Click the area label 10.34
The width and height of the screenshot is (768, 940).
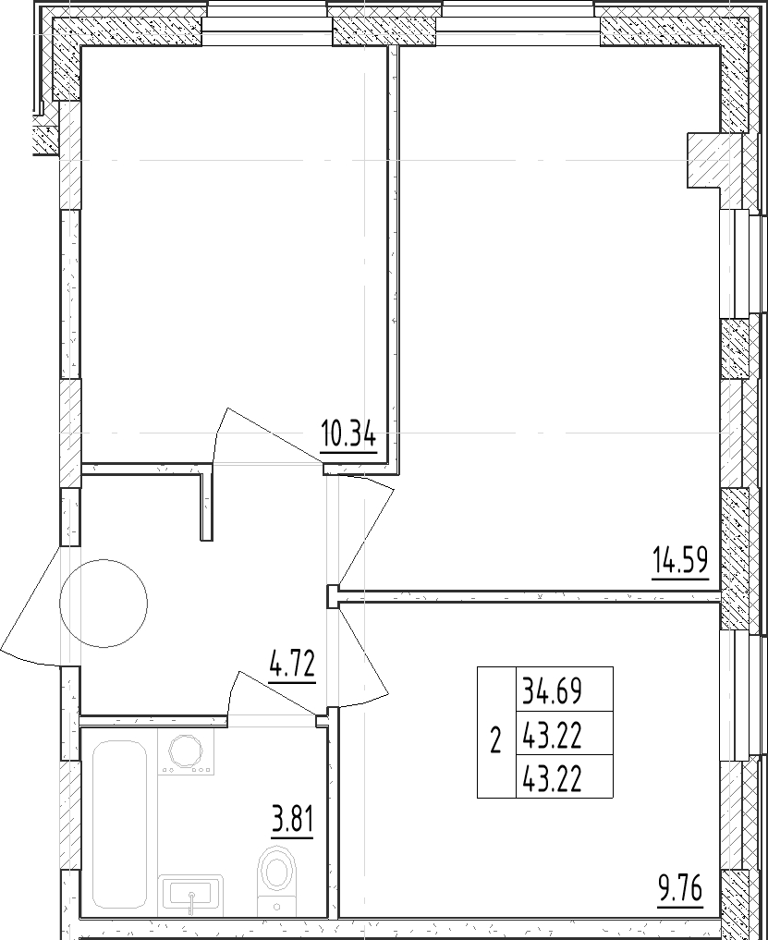348,434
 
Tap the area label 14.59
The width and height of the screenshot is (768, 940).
680,561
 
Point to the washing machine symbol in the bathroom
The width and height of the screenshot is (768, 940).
186,751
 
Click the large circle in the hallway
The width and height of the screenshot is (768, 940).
104,603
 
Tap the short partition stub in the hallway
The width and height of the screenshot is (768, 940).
207,507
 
